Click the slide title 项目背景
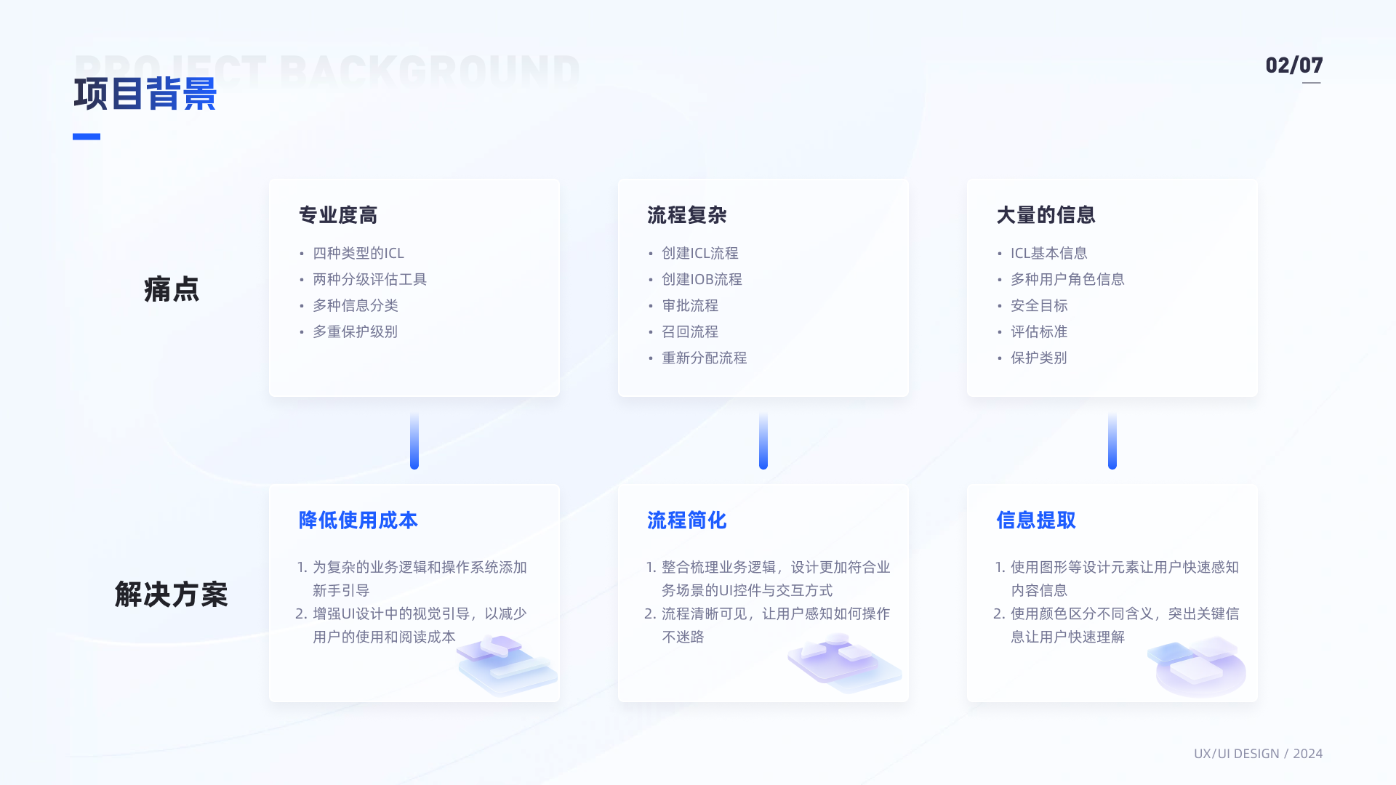145,94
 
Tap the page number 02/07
1293,65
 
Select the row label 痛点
172,289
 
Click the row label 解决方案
172,595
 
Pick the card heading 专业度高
338,215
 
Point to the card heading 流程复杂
687,215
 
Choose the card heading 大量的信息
1046,215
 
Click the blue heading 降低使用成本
358,520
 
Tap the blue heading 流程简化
687,520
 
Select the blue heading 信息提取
1036,520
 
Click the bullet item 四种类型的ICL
358,253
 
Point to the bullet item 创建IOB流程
702,279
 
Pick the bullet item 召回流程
690,331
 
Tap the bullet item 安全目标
1039,305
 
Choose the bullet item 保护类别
1039,358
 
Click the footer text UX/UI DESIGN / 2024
1258,754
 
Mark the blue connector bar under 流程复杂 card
763,440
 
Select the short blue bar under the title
87,137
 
